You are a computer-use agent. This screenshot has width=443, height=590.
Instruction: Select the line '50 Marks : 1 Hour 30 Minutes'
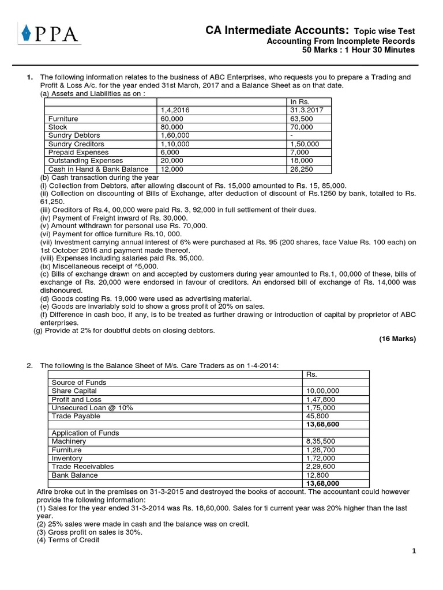[x=358, y=50]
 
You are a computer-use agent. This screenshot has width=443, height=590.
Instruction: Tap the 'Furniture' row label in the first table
[x=63, y=119]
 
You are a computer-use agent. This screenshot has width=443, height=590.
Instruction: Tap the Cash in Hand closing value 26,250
[x=303, y=169]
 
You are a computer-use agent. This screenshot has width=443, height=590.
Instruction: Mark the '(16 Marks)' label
[x=397, y=339]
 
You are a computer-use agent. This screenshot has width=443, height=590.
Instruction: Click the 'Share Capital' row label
[x=74, y=391]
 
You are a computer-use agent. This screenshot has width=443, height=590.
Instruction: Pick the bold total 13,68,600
[x=322, y=424]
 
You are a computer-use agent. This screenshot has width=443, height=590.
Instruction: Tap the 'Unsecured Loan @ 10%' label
[x=92, y=407]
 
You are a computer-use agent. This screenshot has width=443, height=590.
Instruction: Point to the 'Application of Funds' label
[x=85, y=433]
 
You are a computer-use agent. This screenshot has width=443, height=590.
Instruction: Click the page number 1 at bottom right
[x=414, y=551]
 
